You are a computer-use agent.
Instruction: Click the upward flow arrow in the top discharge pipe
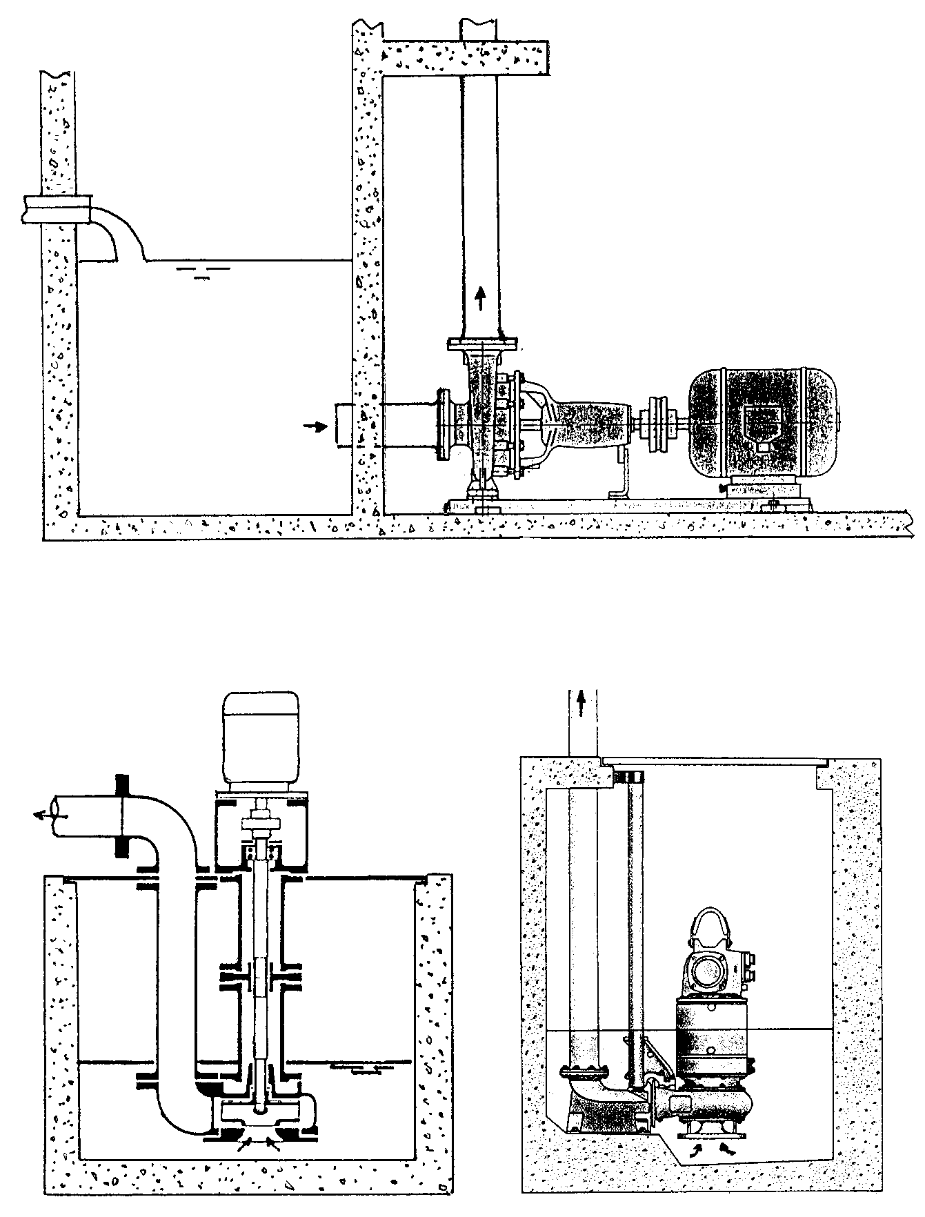[481, 300]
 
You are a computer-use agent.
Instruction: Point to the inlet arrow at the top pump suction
[317, 426]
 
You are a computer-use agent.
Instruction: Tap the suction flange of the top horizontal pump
[444, 424]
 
